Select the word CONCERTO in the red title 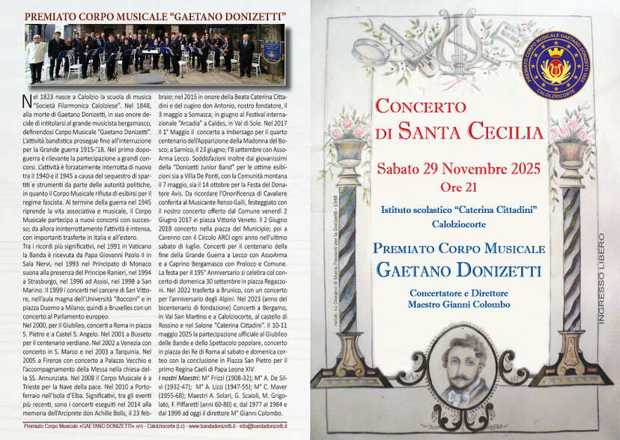(x=419, y=106)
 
